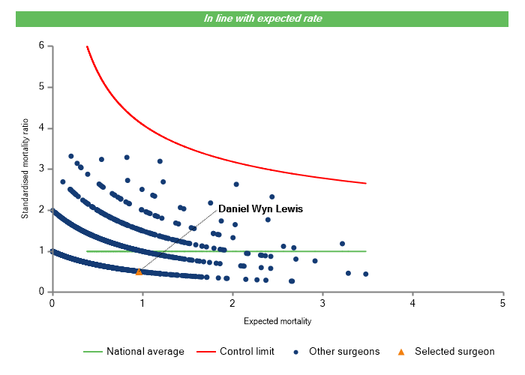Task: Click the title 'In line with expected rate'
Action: click(262, 18)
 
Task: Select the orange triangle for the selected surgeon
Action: click(139, 271)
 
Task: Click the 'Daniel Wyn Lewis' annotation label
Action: click(260, 209)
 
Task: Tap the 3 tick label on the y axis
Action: click(41, 169)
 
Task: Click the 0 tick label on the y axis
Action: click(41, 292)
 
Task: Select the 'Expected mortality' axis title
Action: click(277, 321)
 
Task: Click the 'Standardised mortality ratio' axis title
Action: click(24, 169)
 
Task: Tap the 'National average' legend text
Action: click(145, 351)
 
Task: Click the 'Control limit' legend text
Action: click(247, 351)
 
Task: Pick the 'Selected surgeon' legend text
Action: click(454, 351)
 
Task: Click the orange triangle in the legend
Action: click(400, 351)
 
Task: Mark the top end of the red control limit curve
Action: click(87, 46)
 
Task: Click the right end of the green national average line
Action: click(366, 251)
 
